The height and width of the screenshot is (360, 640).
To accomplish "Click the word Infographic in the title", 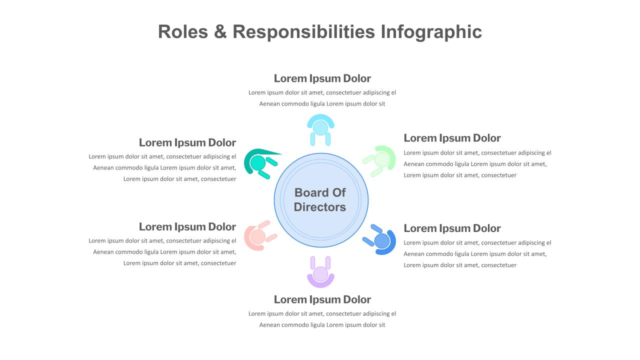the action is (431, 32).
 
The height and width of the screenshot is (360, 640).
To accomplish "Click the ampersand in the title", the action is (220, 31).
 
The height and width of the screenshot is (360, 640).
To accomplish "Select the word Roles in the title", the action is (183, 31).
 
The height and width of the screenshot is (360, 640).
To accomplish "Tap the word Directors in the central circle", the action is (319, 207).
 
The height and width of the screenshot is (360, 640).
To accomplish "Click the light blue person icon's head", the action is (320, 127).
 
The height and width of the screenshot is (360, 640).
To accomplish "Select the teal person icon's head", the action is (258, 163).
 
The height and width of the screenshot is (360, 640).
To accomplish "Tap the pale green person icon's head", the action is (382, 159).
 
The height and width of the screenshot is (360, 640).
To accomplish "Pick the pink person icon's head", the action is (257, 237).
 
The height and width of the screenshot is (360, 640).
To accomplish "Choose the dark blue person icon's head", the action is (381, 241).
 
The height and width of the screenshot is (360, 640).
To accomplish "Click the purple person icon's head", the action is (320, 274).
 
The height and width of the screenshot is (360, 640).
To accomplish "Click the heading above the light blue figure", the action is (322, 78).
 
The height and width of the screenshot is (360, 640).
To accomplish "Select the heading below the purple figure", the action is (322, 299).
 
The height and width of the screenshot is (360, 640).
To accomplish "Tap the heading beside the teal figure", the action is (187, 142).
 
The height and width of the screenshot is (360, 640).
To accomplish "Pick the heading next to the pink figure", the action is (187, 227).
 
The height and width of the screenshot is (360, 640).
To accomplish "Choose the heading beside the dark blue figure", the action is (452, 228).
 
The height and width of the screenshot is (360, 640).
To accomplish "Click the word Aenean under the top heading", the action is (269, 104).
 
